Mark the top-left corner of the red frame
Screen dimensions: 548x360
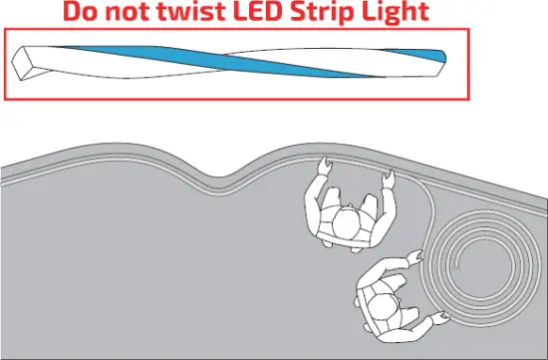tap(6, 30)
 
